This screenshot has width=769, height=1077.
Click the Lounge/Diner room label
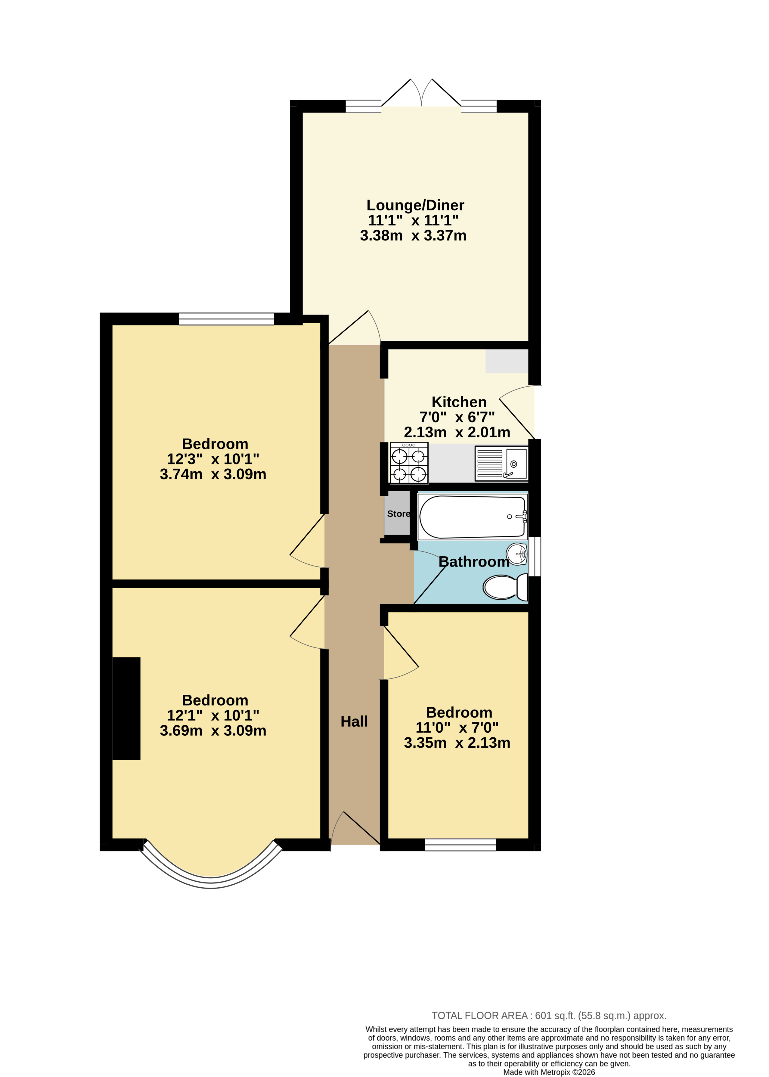click(x=415, y=205)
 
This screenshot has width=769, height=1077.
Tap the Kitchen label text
click(x=459, y=402)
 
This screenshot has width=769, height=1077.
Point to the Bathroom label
click(x=474, y=562)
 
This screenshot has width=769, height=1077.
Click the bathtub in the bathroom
click(x=472, y=517)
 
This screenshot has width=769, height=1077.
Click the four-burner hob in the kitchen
click(x=409, y=463)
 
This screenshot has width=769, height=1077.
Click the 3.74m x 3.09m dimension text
click(x=213, y=474)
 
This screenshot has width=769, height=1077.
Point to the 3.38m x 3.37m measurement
click(x=413, y=235)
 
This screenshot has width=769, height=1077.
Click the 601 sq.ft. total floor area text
click(x=549, y=1015)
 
